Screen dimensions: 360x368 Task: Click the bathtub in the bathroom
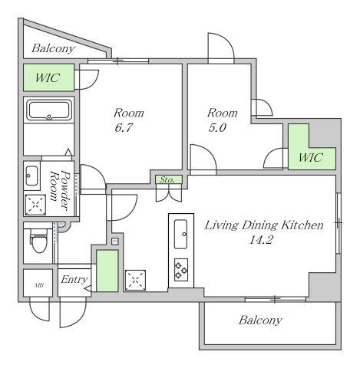(49, 110)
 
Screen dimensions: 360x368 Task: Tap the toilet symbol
(39, 240)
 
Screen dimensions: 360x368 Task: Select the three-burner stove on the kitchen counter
(181, 270)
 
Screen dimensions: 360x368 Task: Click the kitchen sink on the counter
(180, 234)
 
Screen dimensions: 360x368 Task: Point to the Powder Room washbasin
(32, 176)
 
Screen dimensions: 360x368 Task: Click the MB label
(38, 285)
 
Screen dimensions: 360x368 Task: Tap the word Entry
(74, 279)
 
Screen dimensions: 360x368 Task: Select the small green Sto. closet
(169, 179)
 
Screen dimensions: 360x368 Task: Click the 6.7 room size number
(123, 127)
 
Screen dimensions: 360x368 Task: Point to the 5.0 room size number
(217, 127)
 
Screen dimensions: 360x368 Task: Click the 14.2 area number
(262, 240)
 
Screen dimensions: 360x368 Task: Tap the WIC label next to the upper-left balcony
(48, 77)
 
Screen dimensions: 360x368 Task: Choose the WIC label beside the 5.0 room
(311, 157)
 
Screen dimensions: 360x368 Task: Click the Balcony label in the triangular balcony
(53, 48)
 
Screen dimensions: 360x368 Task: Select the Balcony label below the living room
(260, 320)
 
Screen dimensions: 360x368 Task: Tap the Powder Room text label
(60, 190)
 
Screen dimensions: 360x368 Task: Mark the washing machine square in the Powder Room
(35, 205)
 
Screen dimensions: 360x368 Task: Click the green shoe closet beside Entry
(107, 271)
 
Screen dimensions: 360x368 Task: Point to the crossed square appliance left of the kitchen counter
(135, 280)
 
